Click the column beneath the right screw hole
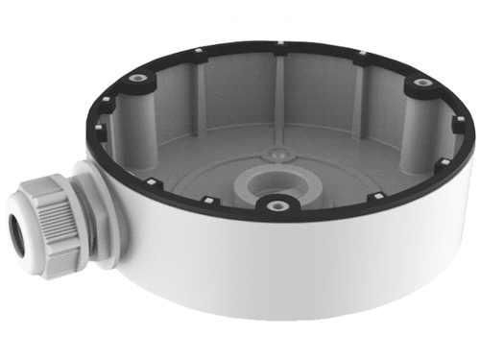(418, 120)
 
